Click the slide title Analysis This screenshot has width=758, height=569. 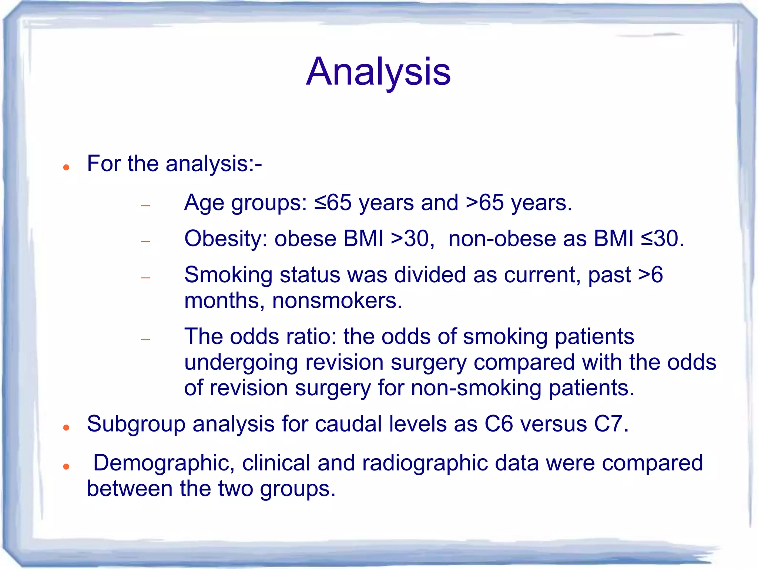click(378, 71)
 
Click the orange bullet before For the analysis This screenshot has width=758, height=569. click(66, 167)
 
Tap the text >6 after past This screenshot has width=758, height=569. click(650, 275)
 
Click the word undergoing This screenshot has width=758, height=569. click(241, 363)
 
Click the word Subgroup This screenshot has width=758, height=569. click(136, 424)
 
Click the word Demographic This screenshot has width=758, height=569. click(163, 463)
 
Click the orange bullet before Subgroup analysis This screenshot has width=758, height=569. click(66, 428)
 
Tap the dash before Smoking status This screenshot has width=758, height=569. click(146, 277)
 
